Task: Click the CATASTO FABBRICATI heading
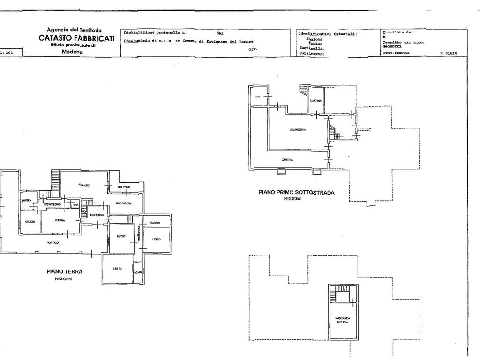(76, 38)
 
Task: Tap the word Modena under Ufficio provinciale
(72, 52)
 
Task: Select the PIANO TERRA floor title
(65, 271)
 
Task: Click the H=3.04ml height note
(64, 278)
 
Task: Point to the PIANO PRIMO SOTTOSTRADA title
(296, 192)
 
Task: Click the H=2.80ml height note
(292, 199)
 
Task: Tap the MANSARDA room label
(343, 318)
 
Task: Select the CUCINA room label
(60, 220)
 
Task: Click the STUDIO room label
(30, 222)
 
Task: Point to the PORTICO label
(52, 242)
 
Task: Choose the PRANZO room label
(84, 186)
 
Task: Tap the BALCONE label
(124, 187)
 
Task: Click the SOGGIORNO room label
(124, 203)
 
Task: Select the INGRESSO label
(97, 215)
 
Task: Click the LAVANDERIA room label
(297, 129)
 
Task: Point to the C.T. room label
(258, 97)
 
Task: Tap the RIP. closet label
(75, 205)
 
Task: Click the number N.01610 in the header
(449, 53)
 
